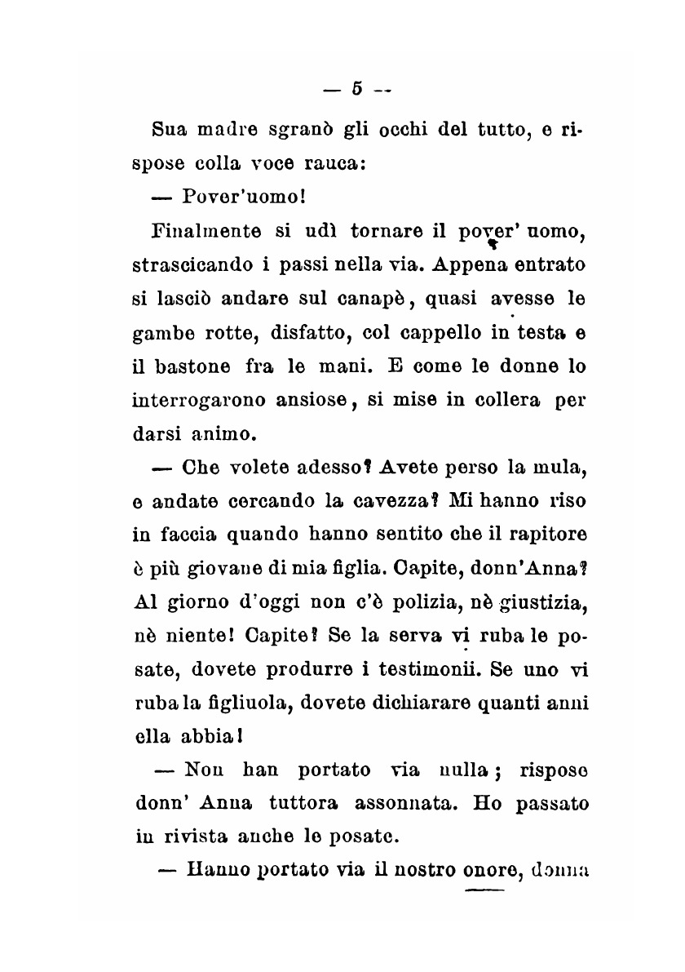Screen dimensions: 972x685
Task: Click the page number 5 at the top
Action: pos(356,88)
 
